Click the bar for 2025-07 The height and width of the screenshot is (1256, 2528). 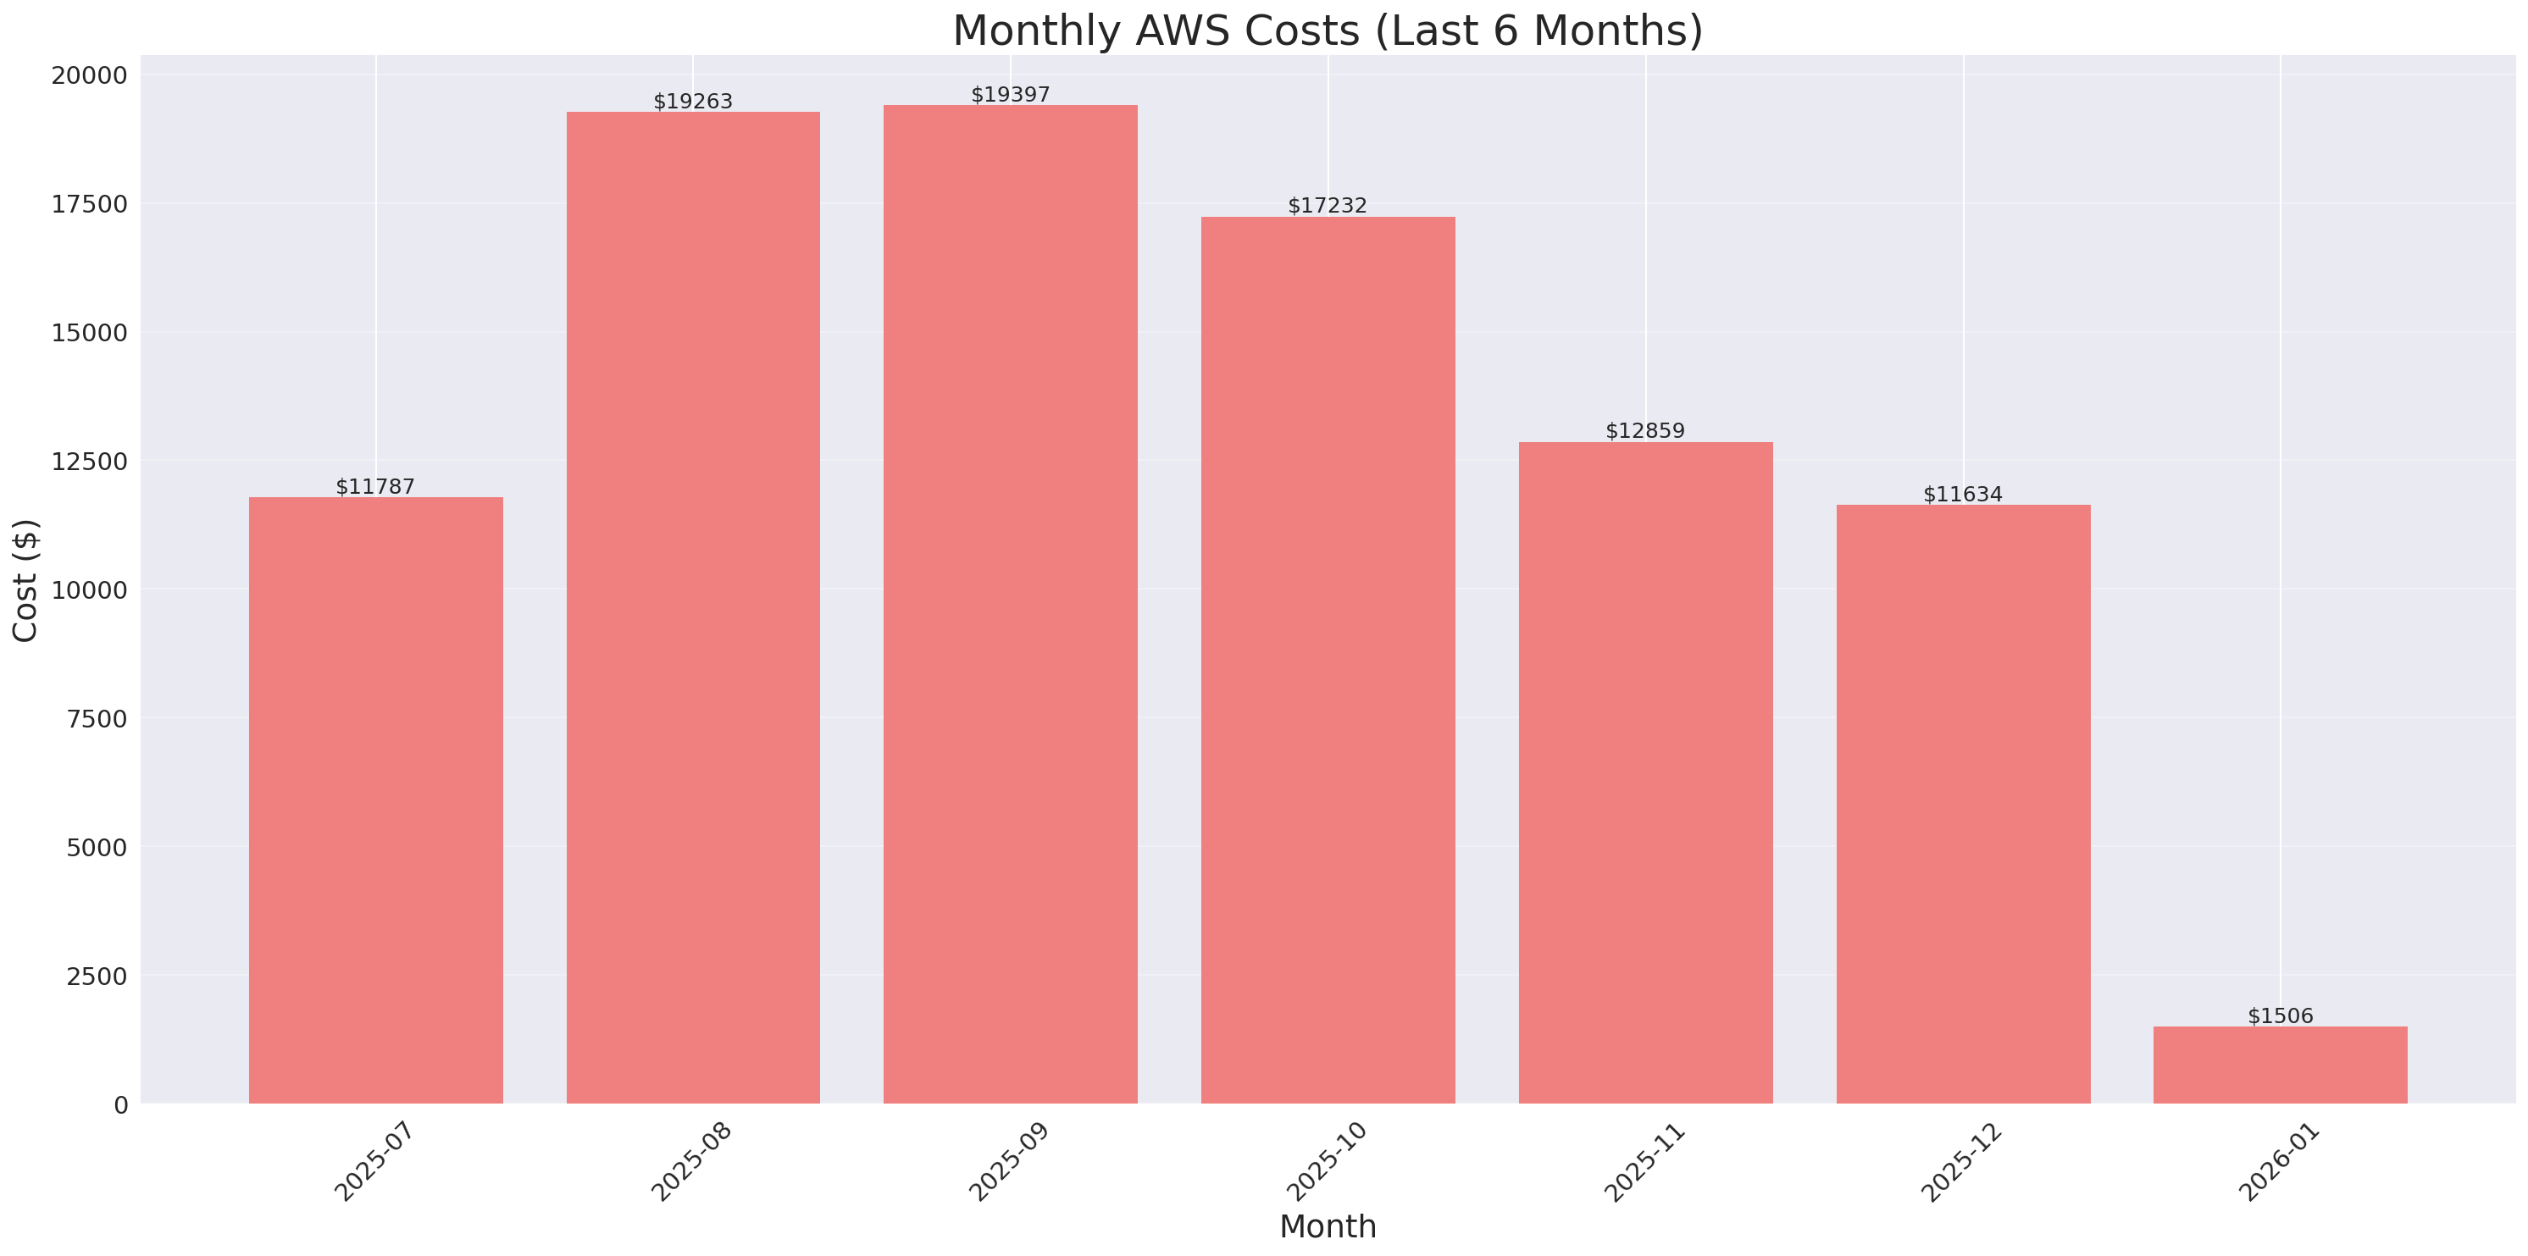click(x=376, y=800)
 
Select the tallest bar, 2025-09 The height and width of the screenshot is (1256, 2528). click(x=1010, y=604)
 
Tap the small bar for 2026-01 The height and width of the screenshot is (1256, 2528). click(x=2280, y=1065)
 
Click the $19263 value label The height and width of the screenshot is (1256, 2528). click(x=693, y=101)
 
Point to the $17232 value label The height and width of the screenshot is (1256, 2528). click(x=1327, y=205)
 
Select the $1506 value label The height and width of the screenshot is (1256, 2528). click(x=2280, y=1015)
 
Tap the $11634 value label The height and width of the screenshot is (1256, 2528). click(x=1962, y=494)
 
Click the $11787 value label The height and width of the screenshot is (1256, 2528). click(x=375, y=487)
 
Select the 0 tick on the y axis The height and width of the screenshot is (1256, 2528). click(x=120, y=1106)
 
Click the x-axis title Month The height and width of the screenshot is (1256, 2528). click(x=1327, y=1226)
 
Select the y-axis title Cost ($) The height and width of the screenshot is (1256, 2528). click(x=25, y=580)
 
